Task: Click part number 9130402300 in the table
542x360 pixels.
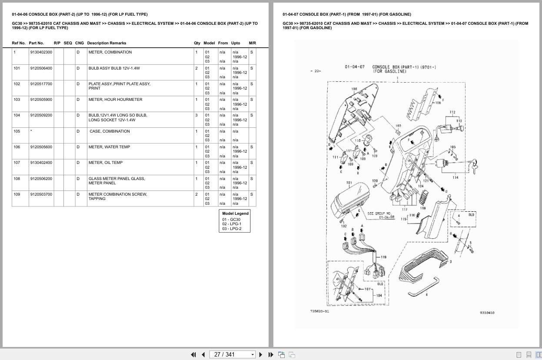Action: pyautogui.click(x=41, y=52)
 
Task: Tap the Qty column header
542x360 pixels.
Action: pyautogui.click(x=197, y=43)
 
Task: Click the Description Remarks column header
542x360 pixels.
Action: pyautogui.click(x=106, y=43)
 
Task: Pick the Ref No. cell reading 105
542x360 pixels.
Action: pyautogui.click(x=17, y=131)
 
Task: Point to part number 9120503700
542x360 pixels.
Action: pyautogui.click(x=41, y=194)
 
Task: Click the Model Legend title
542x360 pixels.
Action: pyautogui.click(x=235, y=213)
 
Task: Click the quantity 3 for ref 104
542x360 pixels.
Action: pyautogui.click(x=196, y=115)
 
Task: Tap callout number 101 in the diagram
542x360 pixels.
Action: pyautogui.click(x=349, y=183)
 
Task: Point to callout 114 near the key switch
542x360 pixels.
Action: pyautogui.click(x=455, y=177)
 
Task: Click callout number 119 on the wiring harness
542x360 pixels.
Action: pyautogui.click(x=383, y=257)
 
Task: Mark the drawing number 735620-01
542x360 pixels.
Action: pyautogui.click(x=319, y=311)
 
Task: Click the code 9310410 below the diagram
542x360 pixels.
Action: pyautogui.click(x=487, y=313)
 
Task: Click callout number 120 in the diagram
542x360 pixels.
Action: pyautogui.click(x=375, y=180)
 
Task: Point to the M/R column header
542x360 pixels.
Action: pyautogui.click(x=252, y=43)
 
